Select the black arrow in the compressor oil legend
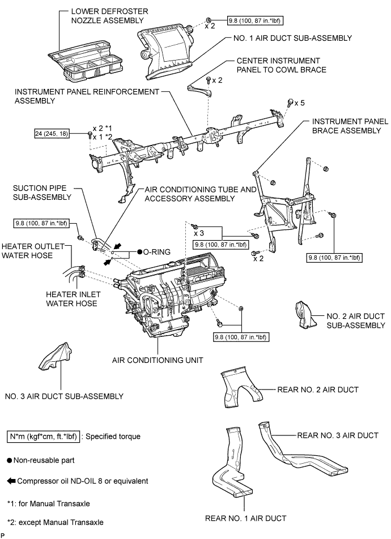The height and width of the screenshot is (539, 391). pos(12,481)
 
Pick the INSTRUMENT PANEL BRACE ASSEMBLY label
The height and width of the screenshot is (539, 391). pos(348,126)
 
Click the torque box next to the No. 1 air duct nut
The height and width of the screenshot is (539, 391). pos(255,20)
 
